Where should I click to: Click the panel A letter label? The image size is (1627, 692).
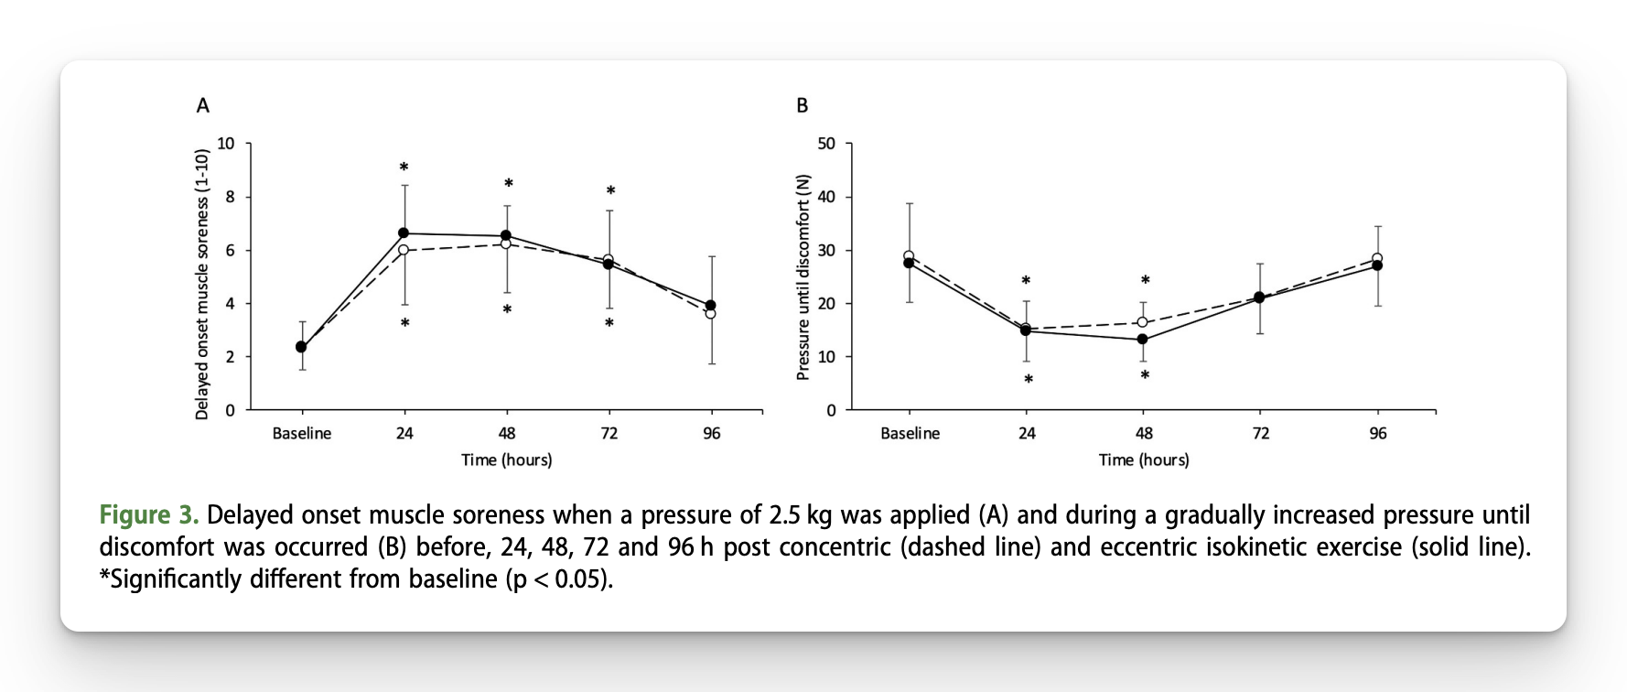[x=203, y=106]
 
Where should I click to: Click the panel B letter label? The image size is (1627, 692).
[x=803, y=106]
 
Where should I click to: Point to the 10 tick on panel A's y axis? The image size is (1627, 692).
[x=225, y=144]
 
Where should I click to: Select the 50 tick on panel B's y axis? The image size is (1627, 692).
[x=826, y=144]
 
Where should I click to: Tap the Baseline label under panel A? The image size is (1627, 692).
[x=302, y=434]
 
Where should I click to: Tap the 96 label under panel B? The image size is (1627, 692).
[x=1377, y=434]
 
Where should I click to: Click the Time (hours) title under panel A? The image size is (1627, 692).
[x=506, y=460]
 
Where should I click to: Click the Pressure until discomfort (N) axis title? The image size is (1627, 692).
[x=803, y=276]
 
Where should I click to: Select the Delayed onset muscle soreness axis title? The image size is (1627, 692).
[x=202, y=284]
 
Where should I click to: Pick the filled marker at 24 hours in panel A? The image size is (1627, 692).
[x=404, y=233]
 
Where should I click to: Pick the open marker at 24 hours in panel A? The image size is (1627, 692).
[x=404, y=250]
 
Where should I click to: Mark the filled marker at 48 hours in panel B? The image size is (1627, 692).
[x=1143, y=340]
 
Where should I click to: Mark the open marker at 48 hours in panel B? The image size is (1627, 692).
[x=1143, y=322]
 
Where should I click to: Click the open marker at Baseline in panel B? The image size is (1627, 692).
[x=909, y=256]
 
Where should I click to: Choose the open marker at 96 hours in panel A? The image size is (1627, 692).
[x=711, y=314]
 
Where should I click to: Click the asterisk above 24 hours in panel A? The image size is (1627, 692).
[x=404, y=168]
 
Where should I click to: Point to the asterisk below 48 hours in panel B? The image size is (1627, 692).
[x=1144, y=376]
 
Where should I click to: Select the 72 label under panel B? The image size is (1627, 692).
[x=1260, y=434]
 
